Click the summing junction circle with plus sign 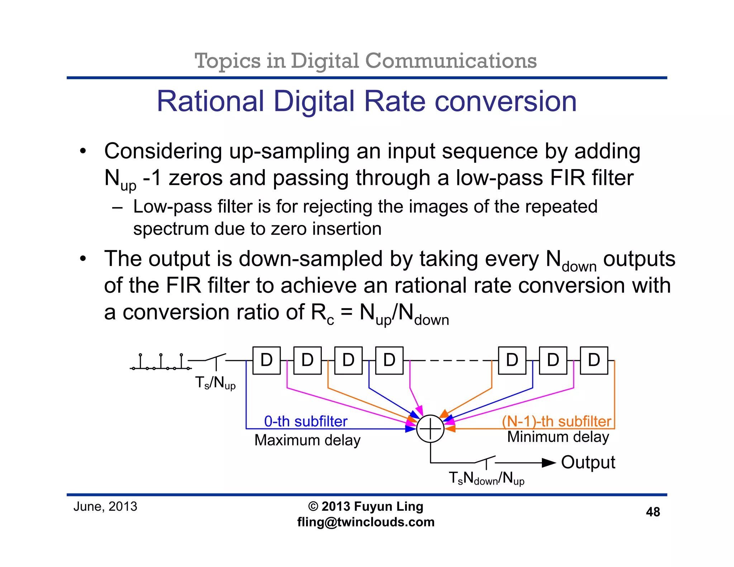[x=430, y=429]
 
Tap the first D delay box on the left [x=266, y=360]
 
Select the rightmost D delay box [x=594, y=360]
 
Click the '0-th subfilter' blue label [x=306, y=421]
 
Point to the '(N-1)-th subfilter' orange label [x=557, y=421]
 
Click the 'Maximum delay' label [x=307, y=440]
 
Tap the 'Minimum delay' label [x=558, y=437]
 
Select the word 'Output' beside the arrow [x=588, y=462]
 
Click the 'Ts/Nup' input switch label [x=215, y=383]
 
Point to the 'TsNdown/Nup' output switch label [x=486, y=478]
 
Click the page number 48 [x=653, y=512]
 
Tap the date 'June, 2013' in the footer [x=105, y=506]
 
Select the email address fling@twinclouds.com [x=366, y=522]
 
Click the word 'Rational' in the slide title [x=210, y=101]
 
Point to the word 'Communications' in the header [x=451, y=61]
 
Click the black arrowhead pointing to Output [x=548, y=463]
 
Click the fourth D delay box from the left [x=389, y=360]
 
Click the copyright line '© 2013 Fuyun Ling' [x=366, y=506]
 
